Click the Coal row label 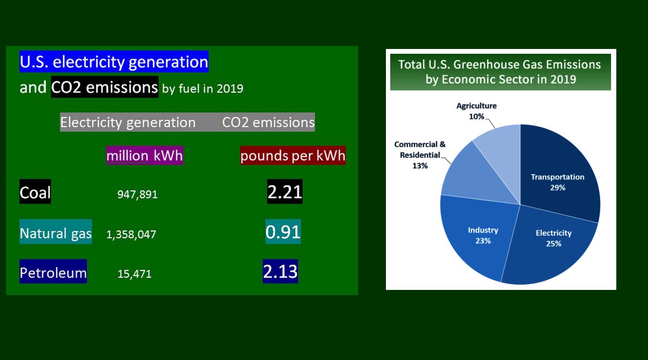point(35,192)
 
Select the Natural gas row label point(56,231)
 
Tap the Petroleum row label point(53,271)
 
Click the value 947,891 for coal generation point(137,194)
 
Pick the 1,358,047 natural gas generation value point(131,234)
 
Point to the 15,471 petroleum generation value point(134,274)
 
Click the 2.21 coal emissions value point(285,192)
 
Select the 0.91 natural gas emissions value point(283,231)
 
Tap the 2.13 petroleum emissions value point(280,271)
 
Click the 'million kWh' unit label point(144,156)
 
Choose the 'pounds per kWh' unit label point(293,156)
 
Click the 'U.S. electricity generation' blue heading point(114,61)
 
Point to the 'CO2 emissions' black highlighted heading point(105,87)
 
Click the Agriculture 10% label point(477,111)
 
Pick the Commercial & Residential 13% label point(420,155)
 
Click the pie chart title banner point(501,72)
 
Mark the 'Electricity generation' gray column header point(128,122)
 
